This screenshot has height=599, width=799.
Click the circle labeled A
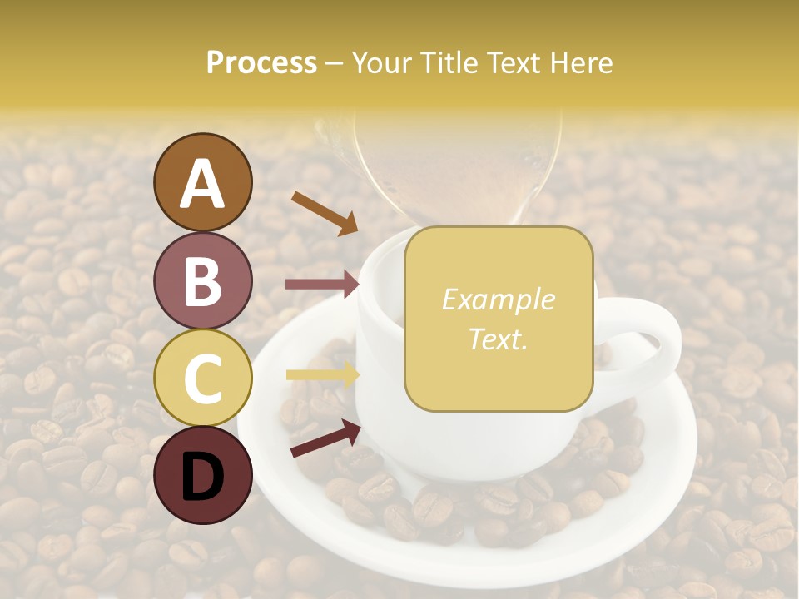point(203,182)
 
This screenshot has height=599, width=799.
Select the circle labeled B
point(203,280)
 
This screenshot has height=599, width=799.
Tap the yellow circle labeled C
point(203,378)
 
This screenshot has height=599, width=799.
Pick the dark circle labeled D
point(203,476)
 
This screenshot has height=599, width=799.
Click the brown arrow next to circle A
point(324,212)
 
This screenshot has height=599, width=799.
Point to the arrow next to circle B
point(322,285)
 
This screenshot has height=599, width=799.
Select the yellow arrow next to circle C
point(322,374)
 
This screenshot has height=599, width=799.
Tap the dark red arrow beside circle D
point(325,438)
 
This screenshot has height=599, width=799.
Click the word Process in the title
point(261,62)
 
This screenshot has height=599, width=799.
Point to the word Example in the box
point(499,299)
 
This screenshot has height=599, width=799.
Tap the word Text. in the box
point(499,339)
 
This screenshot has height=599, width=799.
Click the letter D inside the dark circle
point(203,476)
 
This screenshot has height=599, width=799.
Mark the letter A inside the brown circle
point(203,184)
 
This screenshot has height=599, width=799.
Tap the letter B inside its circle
point(203,281)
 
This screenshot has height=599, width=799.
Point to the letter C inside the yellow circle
point(203,379)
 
